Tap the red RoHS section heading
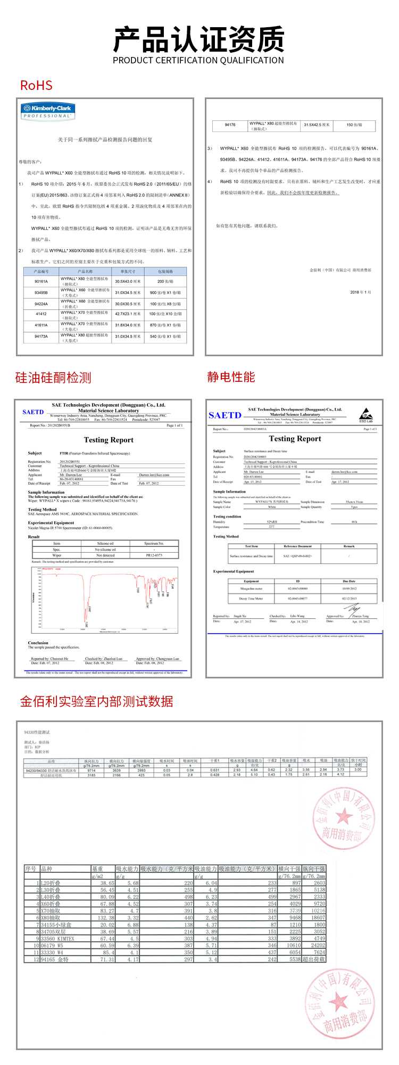pyautogui.click(x=36, y=86)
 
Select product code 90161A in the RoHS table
pyautogui.click(x=41, y=281)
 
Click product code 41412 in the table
pyautogui.click(x=41, y=314)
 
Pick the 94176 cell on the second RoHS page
pyautogui.click(x=230, y=125)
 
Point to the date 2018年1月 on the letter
pyautogui.click(x=361, y=292)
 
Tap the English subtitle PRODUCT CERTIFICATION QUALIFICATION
pyautogui.click(x=198, y=61)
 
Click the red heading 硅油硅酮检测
pyautogui.click(x=53, y=378)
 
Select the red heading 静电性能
pyautogui.click(x=231, y=377)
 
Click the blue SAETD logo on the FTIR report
pyautogui.click(x=33, y=412)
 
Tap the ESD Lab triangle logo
pyautogui.click(x=365, y=415)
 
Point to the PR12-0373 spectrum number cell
pyautogui.click(x=154, y=555)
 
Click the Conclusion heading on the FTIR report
pyautogui.click(x=38, y=643)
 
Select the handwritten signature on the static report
pyautogui.click(x=352, y=609)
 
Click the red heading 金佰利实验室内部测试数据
pyautogui.click(x=97, y=702)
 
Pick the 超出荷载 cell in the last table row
pyautogui.click(x=314, y=959)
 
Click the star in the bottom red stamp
pyautogui.click(x=338, y=1002)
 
